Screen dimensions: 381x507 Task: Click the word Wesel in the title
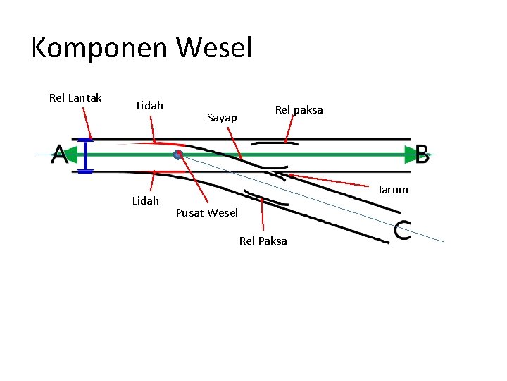tap(214, 48)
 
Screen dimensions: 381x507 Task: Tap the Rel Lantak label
tap(75, 98)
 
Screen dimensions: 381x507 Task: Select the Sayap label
tap(222, 118)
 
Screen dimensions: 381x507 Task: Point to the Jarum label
tap(392, 189)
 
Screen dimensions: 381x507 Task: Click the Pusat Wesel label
tap(206, 213)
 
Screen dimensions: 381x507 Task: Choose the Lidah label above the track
tap(149, 105)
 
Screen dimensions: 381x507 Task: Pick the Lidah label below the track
tap(145, 200)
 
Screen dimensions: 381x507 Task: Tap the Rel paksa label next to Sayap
tap(299, 109)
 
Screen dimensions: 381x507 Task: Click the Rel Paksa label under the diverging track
tap(263, 241)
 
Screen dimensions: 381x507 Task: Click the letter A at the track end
tap(59, 155)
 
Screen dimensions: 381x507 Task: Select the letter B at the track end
tap(422, 155)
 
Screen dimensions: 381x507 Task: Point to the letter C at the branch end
tap(402, 231)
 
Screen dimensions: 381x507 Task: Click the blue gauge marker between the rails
tap(86, 155)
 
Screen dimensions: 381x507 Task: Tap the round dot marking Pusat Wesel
tap(178, 155)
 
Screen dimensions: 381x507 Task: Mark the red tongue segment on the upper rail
tap(151, 144)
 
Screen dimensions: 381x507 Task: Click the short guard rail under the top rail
tap(274, 143)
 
